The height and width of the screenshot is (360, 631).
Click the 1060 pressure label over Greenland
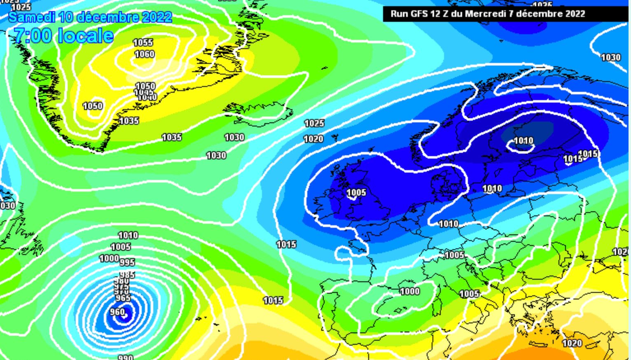point(145,54)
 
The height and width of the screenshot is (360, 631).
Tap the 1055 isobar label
point(143,42)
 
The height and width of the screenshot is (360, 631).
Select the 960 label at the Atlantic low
point(117,312)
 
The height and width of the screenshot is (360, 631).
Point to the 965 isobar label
point(123,298)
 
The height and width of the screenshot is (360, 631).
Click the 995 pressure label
point(127,262)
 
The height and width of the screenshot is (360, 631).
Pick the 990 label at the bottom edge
point(126,357)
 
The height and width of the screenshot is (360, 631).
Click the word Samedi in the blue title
point(32,17)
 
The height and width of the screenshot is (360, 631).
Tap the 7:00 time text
point(33,36)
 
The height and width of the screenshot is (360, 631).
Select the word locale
point(86,36)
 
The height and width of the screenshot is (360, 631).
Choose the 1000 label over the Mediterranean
point(410,291)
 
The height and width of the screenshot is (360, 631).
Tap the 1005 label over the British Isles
point(356,192)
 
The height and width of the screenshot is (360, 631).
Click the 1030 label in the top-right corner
point(611,57)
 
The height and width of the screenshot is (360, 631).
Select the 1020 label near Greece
point(572,343)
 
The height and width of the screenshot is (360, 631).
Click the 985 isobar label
point(127,275)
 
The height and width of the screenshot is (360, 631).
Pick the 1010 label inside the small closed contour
point(523,141)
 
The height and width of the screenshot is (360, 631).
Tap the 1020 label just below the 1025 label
point(313,139)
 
